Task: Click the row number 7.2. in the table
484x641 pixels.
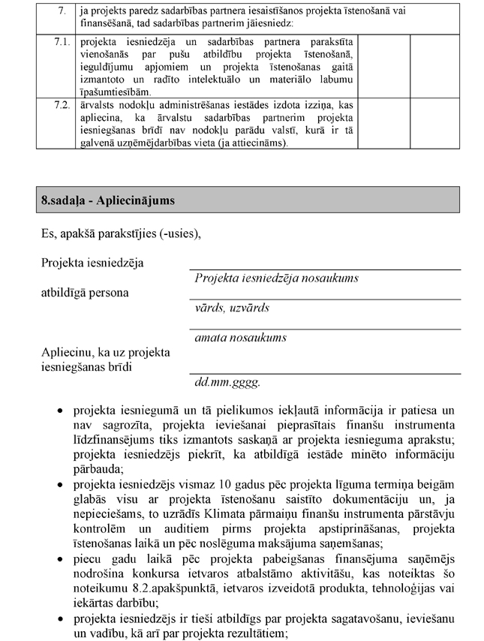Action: click(63, 104)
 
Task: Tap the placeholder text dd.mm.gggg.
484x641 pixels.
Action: click(227, 382)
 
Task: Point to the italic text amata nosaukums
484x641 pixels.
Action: click(240, 338)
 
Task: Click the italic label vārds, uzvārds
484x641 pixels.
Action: click(232, 308)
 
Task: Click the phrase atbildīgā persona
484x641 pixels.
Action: click(84, 292)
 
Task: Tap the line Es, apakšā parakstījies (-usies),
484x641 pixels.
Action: click(121, 235)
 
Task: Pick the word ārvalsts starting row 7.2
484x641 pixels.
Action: click(98, 104)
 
